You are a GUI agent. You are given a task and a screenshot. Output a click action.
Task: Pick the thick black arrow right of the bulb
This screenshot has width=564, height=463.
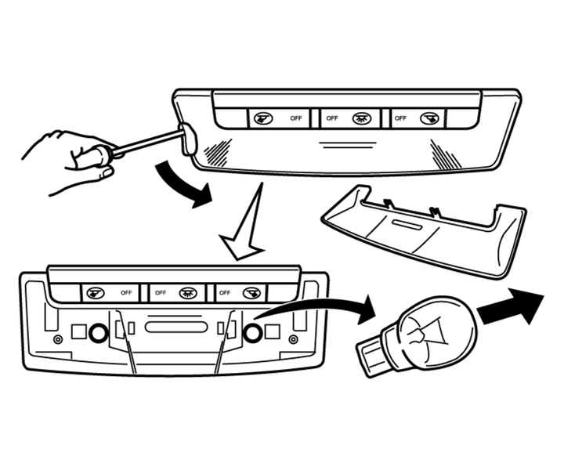pos(509,305)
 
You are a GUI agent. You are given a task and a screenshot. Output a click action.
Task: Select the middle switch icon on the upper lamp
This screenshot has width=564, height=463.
pos(361,118)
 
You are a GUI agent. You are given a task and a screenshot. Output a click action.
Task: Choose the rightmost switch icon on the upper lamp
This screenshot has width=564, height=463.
pos(427,118)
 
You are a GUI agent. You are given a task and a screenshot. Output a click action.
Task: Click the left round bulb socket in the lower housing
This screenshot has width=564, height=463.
pos(98,333)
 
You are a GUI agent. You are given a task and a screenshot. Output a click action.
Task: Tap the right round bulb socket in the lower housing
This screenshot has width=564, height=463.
pos(252,333)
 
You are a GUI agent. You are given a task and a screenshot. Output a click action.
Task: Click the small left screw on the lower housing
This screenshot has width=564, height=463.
pos(58,339)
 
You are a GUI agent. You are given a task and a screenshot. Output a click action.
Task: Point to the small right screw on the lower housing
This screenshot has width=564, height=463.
pos(292,339)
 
